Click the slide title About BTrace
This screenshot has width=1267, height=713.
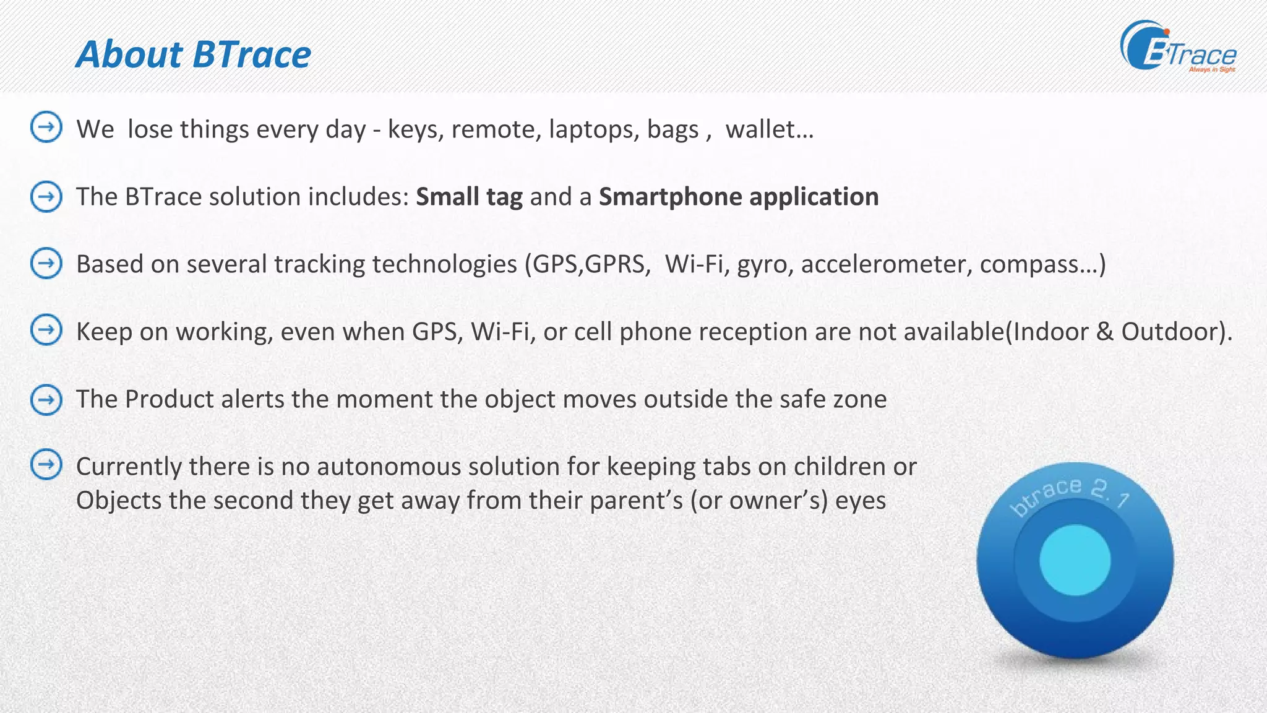click(193, 54)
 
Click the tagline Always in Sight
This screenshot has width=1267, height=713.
click(1211, 70)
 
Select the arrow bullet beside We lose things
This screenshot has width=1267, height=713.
click(46, 127)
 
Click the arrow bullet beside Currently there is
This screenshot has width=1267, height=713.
click(46, 465)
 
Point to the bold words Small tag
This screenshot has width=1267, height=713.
click(469, 197)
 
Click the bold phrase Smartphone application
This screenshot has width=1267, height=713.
click(739, 197)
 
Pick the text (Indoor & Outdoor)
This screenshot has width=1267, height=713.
click(1119, 332)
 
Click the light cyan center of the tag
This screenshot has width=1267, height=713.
click(1075, 560)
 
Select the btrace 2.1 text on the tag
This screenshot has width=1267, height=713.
click(1070, 495)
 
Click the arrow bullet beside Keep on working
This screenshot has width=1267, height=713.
click(46, 330)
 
